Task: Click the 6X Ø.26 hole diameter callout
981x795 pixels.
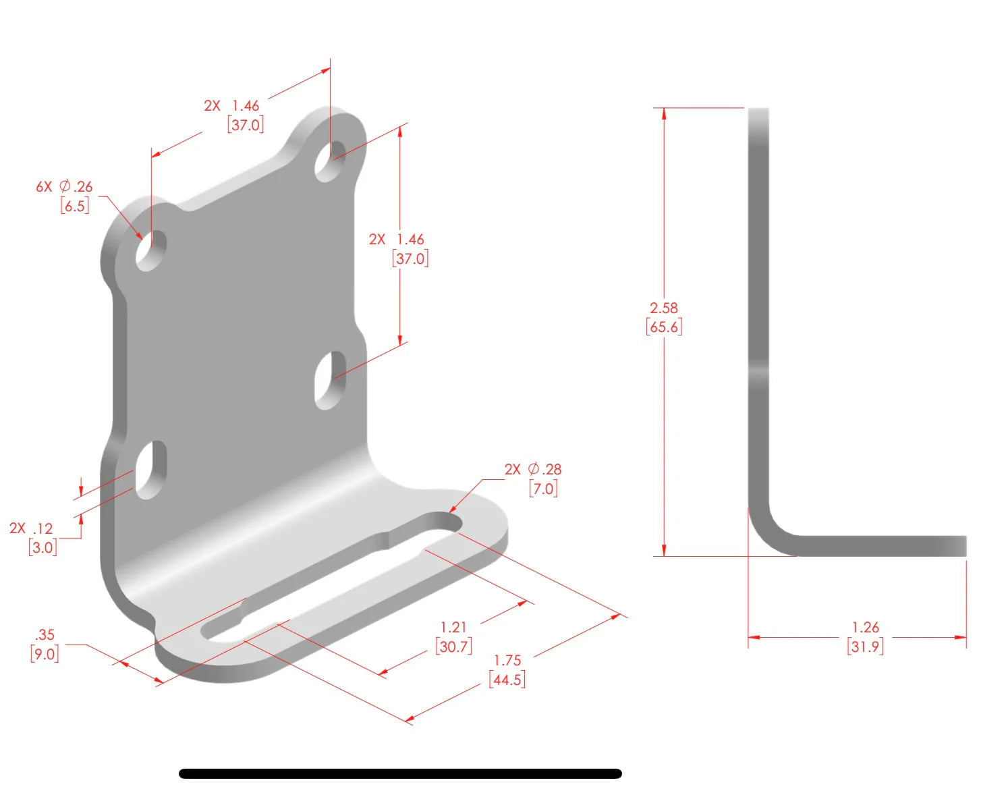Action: click(64, 186)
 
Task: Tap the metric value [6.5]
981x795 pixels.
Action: click(74, 206)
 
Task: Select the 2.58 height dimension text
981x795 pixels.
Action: click(663, 308)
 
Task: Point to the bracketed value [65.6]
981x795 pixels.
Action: click(664, 327)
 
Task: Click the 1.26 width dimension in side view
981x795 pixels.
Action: click(865, 627)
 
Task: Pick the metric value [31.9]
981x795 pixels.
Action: click(865, 647)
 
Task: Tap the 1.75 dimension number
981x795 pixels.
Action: click(507, 660)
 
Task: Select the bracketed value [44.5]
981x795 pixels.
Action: click(507, 680)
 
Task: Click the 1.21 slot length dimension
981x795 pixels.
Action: click(453, 627)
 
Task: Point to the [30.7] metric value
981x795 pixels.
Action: click(453, 647)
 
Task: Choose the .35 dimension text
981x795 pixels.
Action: click(45, 634)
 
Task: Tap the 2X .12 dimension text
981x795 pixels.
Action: click(31, 528)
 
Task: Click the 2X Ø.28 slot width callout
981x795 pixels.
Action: click(532, 469)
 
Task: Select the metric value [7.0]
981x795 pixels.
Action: click(543, 489)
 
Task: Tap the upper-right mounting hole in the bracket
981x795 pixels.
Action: click(330, 161)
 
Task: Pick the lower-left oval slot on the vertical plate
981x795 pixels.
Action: click(151, 470)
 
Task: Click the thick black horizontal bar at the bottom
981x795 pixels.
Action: click(400, 773)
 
